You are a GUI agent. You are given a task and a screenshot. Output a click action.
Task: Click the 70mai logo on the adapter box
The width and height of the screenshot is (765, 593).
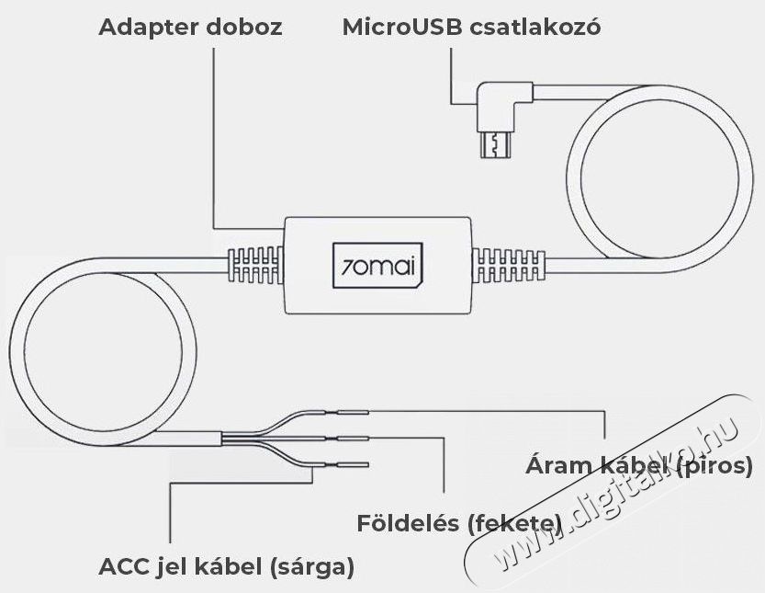377,266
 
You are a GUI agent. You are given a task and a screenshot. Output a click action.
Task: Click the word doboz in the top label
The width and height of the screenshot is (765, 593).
244,27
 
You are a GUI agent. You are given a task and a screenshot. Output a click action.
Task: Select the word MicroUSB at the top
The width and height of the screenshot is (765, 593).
402,28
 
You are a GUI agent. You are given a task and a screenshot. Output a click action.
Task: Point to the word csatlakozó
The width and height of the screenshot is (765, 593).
535,28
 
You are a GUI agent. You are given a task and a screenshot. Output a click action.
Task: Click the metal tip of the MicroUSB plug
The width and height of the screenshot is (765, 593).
496,144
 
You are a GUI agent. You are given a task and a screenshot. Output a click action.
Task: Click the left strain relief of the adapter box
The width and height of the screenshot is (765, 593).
255,265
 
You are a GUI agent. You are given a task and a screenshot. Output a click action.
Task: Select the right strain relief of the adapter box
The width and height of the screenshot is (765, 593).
509,265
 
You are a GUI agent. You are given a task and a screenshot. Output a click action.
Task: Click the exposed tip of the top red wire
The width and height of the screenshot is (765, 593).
354,413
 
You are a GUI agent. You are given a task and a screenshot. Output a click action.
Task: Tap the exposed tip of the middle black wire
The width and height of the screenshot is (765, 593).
354,439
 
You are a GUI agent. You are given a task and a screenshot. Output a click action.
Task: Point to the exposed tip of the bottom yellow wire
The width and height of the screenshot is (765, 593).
354,464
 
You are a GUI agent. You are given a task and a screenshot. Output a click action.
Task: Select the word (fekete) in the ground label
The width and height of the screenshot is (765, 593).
513,524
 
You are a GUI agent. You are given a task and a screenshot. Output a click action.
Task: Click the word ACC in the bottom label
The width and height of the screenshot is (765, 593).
123,567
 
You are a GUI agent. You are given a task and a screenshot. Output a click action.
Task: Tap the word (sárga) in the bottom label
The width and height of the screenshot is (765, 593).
310,567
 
